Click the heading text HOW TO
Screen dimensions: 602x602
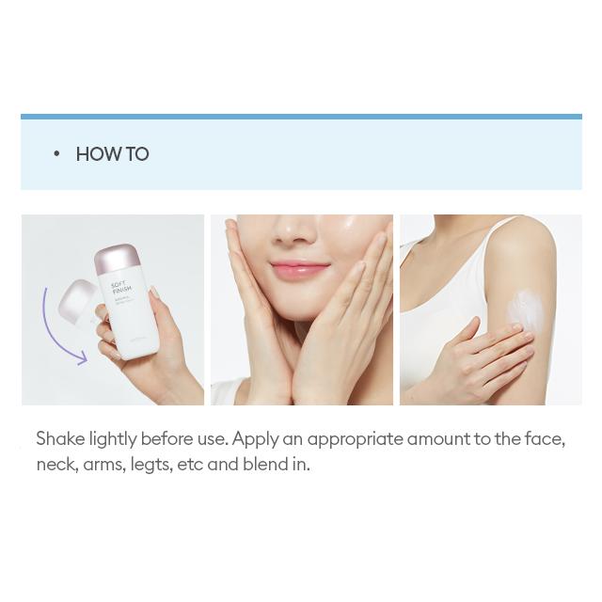pyautogui.click(x=112, y=154)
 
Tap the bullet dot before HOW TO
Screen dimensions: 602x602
pyautogui.click(x=56, y=153)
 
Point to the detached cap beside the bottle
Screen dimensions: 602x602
pyautogui.click(x=78, y=301)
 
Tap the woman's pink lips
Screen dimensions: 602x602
pyautogui.click(x=297, y=271)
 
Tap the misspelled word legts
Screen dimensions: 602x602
pyautogui.click(x=150, y=465)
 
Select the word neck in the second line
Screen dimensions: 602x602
pyautogui.click(x=55, y=465)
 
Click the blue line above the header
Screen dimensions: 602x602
pyautogui.click(x=301, y=117)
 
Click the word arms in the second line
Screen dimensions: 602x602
pyautogui.click(x=103, y=465)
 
